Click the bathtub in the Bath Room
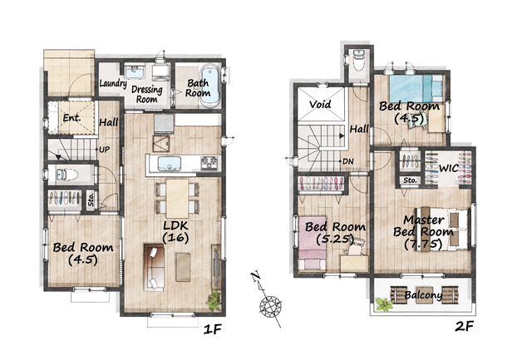tap(209, 85)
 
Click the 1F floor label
tap(213, 328)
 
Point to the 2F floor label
tap(464, 327)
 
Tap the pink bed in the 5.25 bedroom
tap(313, 244)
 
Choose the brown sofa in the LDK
tap(154, 267)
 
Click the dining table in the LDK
tap(177, 199)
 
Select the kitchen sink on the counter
tap(170, 164)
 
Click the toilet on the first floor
tap(65, 175)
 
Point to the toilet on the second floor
tap(358, 61)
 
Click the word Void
tap(320, 104)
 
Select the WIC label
tap(449, 168)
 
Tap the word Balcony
tap(423, 295)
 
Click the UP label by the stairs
tap(104, 150)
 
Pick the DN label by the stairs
tap(347, 161)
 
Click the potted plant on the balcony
tap(384, 304)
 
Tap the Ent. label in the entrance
tap(72, 118)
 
